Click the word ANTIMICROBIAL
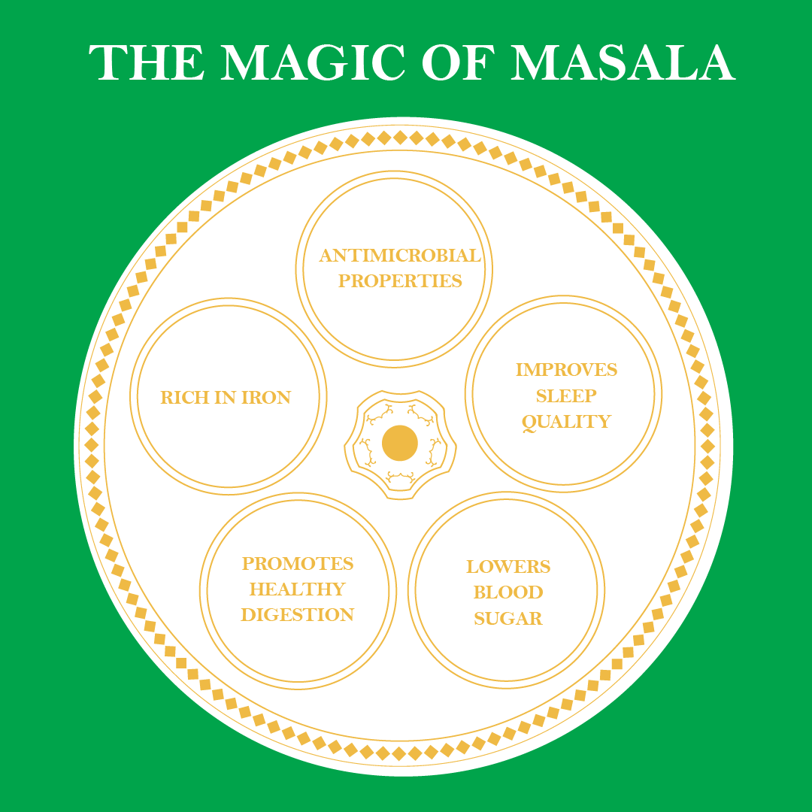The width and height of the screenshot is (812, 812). coord(400,256)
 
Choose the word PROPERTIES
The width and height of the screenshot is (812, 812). coord(400,281)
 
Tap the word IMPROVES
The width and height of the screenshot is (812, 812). coord(566,370)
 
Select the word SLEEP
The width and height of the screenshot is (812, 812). coord(566,395)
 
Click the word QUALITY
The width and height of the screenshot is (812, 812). coord(566,422)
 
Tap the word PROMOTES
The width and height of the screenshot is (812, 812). coord(298,564)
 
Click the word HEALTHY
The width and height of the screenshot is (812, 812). coord(298,589)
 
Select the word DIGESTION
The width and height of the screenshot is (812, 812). coord(298,615)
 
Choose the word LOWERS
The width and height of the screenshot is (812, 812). coord(508,567)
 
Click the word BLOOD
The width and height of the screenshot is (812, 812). coord(508,592)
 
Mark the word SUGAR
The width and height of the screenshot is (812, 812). coord(508,619)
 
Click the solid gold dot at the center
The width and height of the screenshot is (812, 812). coord(400,443)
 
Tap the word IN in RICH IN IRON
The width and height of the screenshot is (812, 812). coord(226,398)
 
